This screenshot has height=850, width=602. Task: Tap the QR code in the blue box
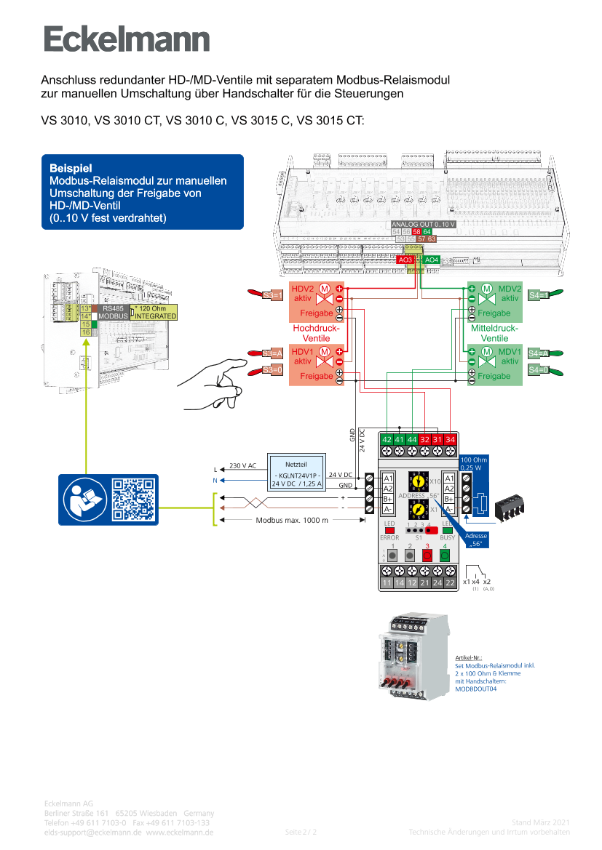[x=133, y=500]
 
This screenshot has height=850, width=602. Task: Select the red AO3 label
[x=406, y=260]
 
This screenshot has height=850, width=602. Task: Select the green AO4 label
[x=432, y=260]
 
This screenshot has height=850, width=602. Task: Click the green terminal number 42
[x=387, y=440]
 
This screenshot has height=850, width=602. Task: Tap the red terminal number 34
[x=451, y=440]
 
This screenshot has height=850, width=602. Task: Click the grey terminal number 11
[x=387, y=582]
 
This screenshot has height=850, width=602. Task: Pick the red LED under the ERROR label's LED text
[x=389, y=530]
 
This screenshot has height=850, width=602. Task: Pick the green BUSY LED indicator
[x=448, y=530]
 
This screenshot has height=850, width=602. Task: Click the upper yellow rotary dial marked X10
[x=418, y=481]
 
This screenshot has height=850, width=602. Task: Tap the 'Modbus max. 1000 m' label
[x=292, y=520]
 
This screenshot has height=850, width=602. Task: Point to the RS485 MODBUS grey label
[x=114, y=312]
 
